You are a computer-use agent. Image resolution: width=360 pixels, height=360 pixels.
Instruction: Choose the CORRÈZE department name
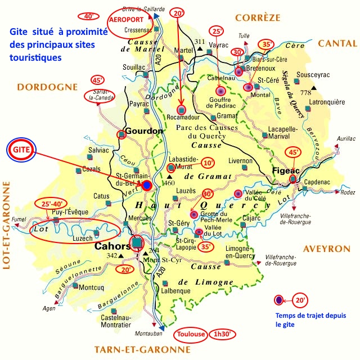258,17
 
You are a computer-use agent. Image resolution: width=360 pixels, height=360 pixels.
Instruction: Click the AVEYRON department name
327,249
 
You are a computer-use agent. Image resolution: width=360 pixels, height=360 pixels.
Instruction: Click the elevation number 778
306,92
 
